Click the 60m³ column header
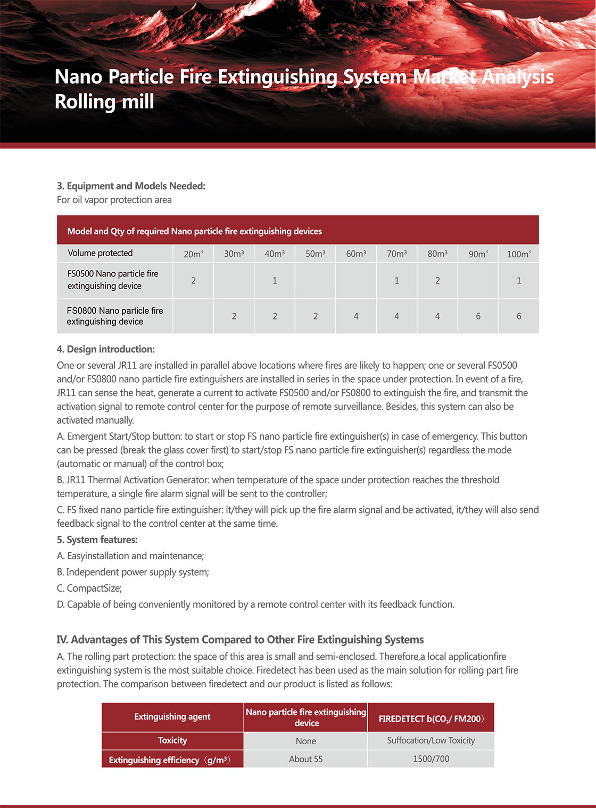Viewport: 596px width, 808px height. (x=356, y=254)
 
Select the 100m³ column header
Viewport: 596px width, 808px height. (x=519, y=254)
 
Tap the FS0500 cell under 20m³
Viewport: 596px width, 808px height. (x=193, y=280)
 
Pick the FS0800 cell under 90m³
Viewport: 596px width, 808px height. (x=478, y=316)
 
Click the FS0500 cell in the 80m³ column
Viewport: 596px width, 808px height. (x=437, y=280)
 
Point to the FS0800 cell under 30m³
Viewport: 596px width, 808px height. (x=234, y=316)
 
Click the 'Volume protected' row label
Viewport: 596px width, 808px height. (x=100, y=253)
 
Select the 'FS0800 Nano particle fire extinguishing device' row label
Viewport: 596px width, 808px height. (x=115, y=316)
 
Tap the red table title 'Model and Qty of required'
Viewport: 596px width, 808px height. (x=194, y=231)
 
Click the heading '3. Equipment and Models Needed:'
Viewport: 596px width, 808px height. (x=131, y=186)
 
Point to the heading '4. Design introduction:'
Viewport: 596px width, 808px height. (x=106, y=349)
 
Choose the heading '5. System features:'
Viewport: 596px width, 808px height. (x=97, y=540)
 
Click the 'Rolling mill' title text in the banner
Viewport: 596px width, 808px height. (x=104, y=102)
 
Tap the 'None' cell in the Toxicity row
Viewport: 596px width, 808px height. (x=305, y=741)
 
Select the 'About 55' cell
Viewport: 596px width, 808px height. (x=305, y=759)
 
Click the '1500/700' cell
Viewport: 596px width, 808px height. (x=431, y=759)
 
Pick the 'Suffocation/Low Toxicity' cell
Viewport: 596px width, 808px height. (x=431, y=740)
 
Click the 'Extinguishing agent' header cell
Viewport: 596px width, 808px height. (x=172, y=717)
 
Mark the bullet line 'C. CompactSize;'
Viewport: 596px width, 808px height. (x=89, y=588)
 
